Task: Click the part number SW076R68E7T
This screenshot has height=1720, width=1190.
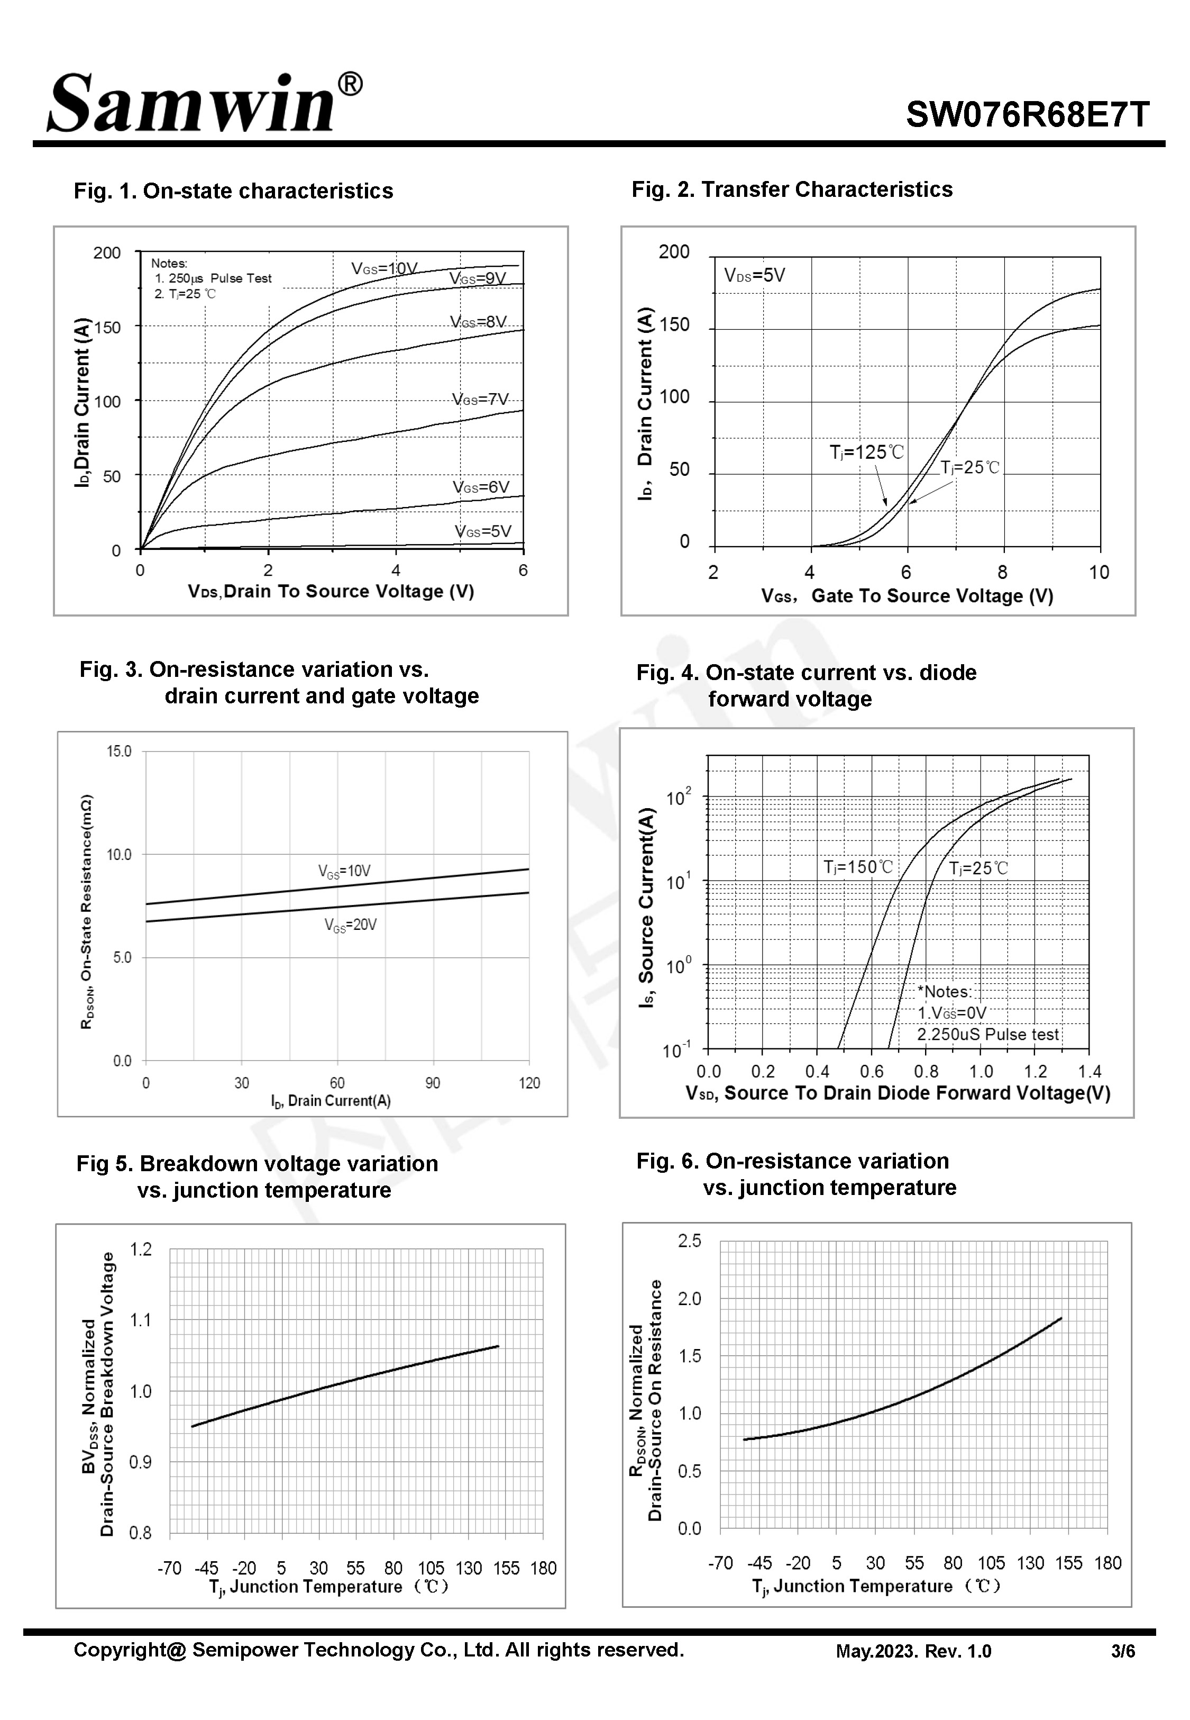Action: [x=1028, y=115]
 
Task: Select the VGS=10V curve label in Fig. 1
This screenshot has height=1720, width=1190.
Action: [x=385, y=268]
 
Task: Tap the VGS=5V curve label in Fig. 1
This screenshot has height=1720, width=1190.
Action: [x=483, y=531]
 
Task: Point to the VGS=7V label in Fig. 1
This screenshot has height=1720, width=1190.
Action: [x=480, y=399]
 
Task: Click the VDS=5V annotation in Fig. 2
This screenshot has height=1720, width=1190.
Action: [x=755, y=275]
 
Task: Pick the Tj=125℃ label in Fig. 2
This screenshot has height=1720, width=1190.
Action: [x=866, y=452]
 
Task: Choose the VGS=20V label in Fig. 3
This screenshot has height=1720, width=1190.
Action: [x=351, y=925]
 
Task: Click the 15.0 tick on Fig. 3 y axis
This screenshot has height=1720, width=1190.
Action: [x=120, y=751]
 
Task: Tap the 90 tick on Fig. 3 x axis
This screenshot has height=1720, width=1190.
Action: [x=433, y=1083]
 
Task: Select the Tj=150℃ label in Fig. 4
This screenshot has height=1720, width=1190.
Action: [x=857, y=867]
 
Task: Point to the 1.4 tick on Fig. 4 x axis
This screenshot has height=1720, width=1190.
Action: [x=1090, y=1072]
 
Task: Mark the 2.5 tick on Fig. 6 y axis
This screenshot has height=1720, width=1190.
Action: [x=690, y=1241]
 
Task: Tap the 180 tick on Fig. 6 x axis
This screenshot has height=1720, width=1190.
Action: [x=1108, y=1563]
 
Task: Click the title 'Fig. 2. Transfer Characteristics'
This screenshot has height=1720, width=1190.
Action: [x=792, y=189]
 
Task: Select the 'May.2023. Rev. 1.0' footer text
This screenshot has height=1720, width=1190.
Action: [x=913, y=1651]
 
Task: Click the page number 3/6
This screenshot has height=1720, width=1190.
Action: [x=1123, y=1651]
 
